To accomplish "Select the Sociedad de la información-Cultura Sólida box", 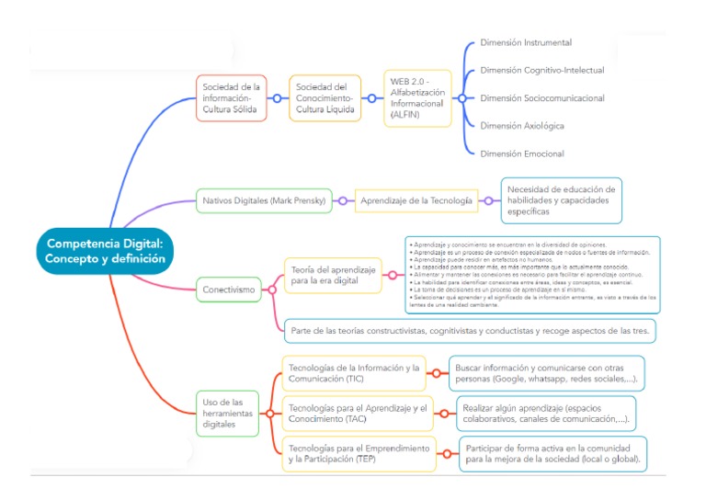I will pos(233,98).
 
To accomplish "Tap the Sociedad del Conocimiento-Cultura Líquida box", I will pos(324,98).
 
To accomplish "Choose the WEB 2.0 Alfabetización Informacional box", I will pos(418,98).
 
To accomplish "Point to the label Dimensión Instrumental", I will pos(526,42).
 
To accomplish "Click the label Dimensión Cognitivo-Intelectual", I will pos(542,70).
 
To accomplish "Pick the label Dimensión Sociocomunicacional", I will pos(542,97).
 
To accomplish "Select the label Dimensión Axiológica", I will pos(522,125).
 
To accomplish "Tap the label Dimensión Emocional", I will pos(522,153).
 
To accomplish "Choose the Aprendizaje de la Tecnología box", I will pos(416,199).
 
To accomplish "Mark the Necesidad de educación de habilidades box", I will pos(561,199).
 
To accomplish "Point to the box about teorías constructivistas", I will pos(469,329).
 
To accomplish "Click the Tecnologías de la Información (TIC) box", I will pos(354,373).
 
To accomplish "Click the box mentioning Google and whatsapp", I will pos(546,373).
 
